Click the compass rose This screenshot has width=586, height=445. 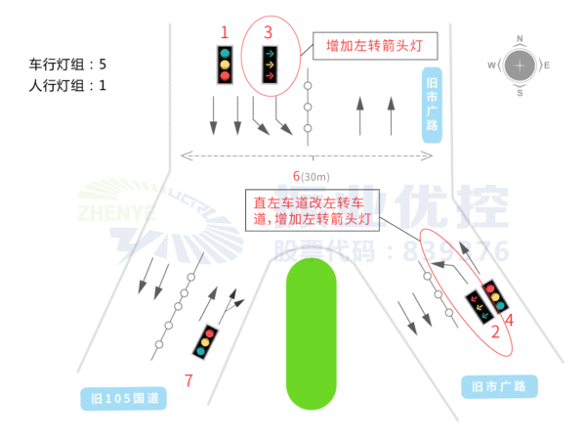520,66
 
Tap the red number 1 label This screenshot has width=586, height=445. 225,32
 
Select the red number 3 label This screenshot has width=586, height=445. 269,32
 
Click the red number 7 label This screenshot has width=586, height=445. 188,378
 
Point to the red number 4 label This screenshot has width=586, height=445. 508,318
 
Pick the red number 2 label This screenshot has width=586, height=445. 494,333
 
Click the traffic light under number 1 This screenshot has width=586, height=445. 225,65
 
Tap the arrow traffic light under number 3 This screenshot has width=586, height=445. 269,67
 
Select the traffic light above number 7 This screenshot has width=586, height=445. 206,341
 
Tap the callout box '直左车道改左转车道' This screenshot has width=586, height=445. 312,212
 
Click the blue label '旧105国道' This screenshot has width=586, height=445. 123,398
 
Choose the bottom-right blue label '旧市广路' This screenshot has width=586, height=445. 499,387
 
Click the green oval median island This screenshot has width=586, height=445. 311,334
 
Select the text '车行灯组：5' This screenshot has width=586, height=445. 68,65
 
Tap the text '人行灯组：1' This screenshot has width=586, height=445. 68,85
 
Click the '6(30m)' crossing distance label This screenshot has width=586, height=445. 312,176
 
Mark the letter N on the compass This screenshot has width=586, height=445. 520,39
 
